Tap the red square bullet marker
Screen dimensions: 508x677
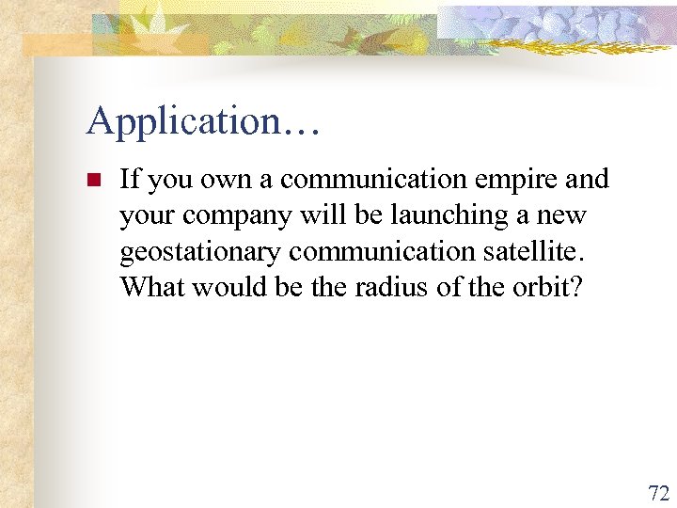[92, 180]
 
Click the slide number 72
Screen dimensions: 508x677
[658, 493]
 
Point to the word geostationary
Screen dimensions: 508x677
[200, 252]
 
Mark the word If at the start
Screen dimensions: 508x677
[130, 179]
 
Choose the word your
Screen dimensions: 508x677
[147, 215]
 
